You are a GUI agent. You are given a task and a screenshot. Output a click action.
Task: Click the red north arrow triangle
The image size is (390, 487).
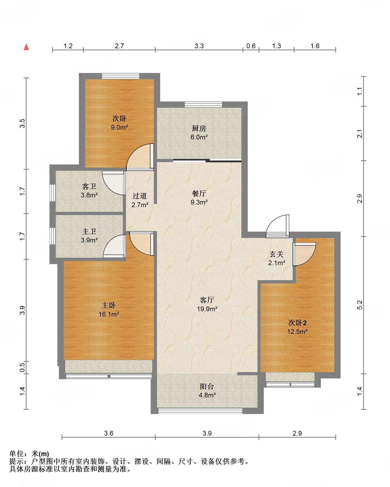(x=26, y=47)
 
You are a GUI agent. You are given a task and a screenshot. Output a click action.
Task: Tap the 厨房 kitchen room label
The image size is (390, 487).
(x=199, y=128)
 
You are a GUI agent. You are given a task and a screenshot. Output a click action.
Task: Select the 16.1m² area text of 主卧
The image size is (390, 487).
(x=109, y=314)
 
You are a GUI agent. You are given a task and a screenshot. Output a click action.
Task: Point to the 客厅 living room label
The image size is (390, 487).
(x=207, y=300)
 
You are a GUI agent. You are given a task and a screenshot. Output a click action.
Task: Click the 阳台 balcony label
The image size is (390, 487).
(x=207, y=386)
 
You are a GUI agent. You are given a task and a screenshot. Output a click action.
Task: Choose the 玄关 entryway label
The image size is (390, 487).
(x=277, y=254)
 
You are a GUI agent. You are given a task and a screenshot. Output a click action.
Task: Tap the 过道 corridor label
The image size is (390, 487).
(x=140, y=196)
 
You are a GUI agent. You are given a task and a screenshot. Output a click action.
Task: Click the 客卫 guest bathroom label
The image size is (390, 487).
(x=89, y=186)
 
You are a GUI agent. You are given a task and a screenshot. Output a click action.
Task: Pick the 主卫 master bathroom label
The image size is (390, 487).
(x=89, y=231)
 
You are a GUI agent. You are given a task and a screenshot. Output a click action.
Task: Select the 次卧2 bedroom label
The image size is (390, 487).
(x=297, y=323)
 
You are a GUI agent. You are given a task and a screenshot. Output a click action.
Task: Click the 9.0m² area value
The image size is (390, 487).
(x=119, y=128)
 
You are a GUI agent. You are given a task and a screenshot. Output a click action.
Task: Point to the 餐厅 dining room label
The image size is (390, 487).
(x=199, y=193)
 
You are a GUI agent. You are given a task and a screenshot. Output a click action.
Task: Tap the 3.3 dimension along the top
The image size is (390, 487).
(x=199, y=46)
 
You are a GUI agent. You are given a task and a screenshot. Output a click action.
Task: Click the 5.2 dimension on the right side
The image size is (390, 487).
(x=360, y=305)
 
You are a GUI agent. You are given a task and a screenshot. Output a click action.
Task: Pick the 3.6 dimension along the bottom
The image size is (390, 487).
(x=109, y=433)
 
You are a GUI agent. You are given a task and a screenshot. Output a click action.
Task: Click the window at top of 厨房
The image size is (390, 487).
(x=204, y=105)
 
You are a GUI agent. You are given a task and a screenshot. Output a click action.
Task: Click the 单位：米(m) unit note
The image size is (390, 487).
(x=29, y=454)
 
